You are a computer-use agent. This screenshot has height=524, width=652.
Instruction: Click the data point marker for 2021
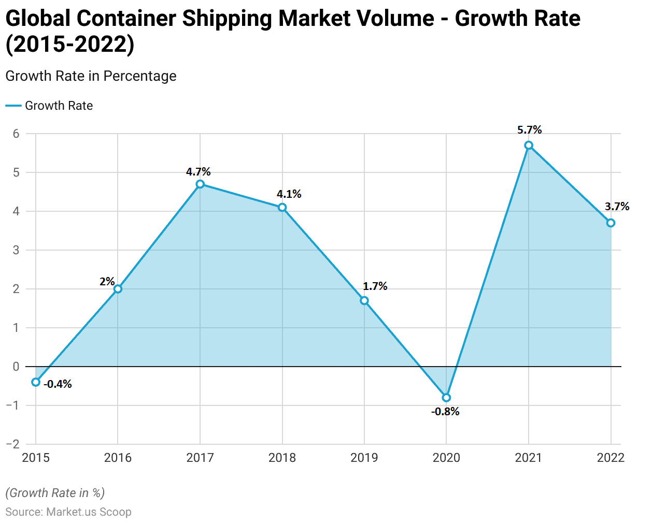529,145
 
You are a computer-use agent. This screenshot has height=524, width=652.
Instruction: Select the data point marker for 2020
446,398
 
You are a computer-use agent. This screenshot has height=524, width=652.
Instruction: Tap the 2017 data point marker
200,184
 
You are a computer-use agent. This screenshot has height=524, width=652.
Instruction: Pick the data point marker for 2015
36,382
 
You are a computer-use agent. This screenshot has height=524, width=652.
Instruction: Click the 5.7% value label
529,130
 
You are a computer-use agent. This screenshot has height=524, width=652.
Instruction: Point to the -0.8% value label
445,412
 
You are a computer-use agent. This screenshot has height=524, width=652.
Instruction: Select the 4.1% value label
289,194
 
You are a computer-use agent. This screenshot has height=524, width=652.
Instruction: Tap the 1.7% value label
375,286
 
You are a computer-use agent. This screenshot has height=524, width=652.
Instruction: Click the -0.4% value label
58,384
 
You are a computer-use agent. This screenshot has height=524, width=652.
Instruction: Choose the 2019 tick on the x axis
364,458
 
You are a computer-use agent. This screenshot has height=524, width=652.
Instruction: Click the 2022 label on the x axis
611,458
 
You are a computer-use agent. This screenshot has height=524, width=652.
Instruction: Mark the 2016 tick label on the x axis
118,458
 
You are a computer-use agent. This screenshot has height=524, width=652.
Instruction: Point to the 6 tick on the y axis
16,134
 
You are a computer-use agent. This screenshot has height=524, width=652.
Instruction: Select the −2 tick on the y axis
13,444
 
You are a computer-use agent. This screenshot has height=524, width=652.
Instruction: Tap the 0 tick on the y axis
16,367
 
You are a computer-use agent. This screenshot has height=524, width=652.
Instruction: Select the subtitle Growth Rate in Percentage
91,76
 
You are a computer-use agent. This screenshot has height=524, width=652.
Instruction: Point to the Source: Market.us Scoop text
68,512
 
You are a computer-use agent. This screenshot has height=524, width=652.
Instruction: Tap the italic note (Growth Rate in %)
55,493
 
